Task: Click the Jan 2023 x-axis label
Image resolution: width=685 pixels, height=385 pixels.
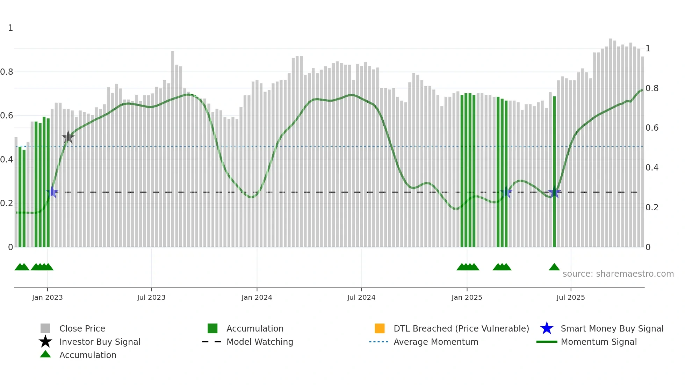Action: (47, 297)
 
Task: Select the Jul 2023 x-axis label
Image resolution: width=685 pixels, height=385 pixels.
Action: (151, 297)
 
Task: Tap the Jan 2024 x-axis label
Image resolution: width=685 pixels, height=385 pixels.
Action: (257, 297)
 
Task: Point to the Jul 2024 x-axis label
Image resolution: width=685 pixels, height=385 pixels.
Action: (361, 297)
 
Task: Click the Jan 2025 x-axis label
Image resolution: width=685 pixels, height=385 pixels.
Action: (467, 297)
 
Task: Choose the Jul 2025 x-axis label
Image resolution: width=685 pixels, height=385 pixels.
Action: (570, 297)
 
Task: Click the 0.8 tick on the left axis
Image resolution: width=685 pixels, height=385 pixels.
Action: (7, 72)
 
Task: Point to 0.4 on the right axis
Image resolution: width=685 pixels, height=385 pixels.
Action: (652, 168)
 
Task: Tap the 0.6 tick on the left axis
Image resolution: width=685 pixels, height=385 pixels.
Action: (7, 116)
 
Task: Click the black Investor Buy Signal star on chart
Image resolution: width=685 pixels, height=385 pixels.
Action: (68, 137)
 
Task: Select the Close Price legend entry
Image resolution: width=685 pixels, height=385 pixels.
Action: (82, 328)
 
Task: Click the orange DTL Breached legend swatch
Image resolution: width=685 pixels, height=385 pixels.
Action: (380, 328)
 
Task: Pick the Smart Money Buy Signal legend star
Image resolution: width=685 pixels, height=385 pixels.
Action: (547, 328)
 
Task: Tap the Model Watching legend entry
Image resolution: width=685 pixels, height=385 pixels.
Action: (260, 342)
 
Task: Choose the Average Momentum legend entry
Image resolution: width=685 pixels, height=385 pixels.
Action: (436, 342)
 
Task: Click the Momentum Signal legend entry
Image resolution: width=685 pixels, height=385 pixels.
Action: (599, 342)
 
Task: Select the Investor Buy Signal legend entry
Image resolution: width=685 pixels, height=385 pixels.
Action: (100, 342)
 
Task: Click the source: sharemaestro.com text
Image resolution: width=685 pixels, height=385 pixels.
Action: (618, 274)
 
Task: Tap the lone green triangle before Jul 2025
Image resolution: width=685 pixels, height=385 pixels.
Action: (554, 267)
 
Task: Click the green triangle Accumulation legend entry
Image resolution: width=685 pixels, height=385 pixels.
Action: (88, 355)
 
